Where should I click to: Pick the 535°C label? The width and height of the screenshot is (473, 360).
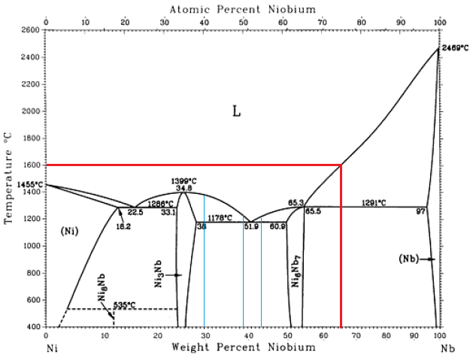pyautogui.click(x=124, y=305)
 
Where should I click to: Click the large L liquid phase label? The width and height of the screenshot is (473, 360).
pyautogui.click(x=236, y=112)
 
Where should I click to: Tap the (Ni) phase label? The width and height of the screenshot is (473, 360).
pyautogui.click(x=69, y=230)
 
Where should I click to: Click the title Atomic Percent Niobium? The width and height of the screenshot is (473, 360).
pyautogui.click(x=242, y=9)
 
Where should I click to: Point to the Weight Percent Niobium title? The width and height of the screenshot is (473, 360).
pyautogui.click(x=242, y=347)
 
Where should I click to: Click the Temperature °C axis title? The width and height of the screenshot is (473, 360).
pyautogui.click(x=9, y=177)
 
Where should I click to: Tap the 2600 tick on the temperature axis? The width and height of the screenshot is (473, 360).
pyautogui.click(x=31, y=30)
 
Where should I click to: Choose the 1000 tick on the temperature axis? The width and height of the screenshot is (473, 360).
pyautogui.click(x=31, y=246)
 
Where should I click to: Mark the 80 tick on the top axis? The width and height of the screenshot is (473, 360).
pyautogui.click(x=361, y=21)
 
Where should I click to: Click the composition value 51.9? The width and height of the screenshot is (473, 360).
pyautogui.click(x=251, y=227)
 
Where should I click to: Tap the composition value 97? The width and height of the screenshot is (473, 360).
pyautogui.click(x=421, y=212)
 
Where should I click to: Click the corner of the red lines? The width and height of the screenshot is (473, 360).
pyautogui.click(x=342, y=165)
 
